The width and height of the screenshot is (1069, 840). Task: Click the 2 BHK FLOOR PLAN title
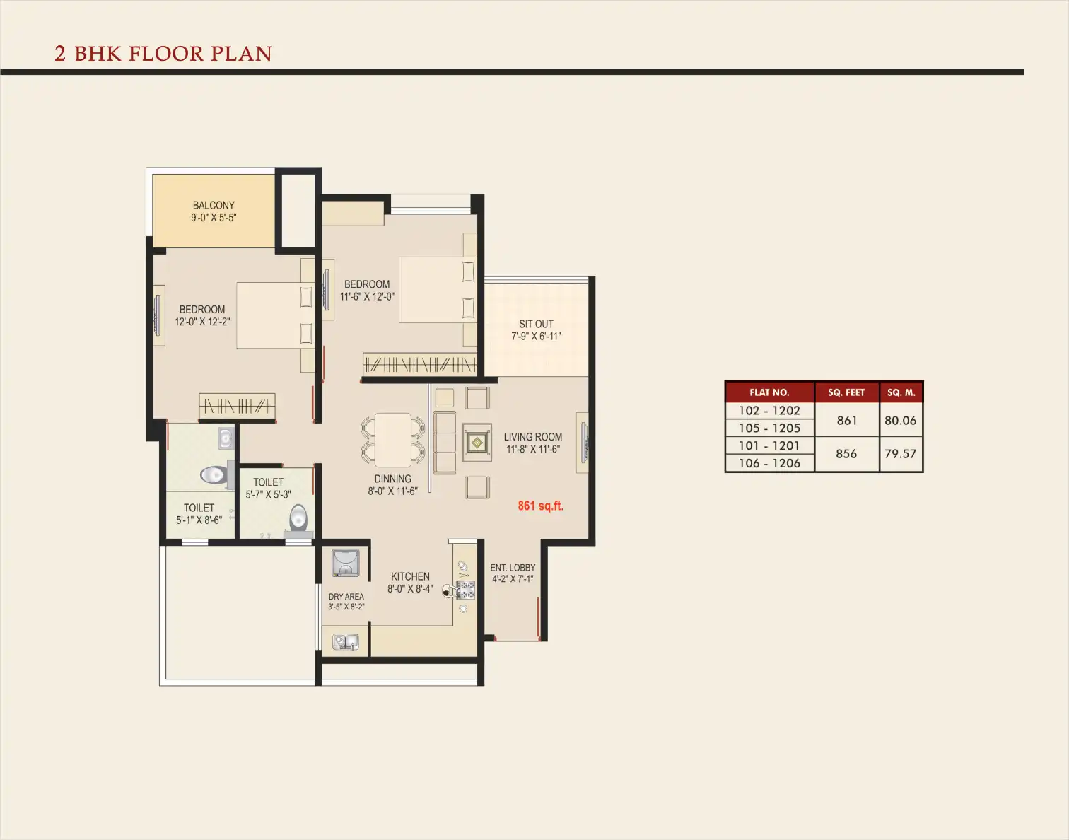[163, 54]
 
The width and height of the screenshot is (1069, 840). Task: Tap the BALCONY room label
[214, 205]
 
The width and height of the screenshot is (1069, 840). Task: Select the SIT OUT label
[536, 324]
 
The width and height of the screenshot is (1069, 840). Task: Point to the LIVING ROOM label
[533, 437]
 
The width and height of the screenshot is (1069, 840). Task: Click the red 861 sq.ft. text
[540, 506]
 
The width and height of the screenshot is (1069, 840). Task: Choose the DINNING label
[392, 479]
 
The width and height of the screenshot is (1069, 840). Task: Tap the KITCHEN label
[410, 576]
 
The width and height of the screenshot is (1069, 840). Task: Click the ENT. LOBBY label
[513, 568]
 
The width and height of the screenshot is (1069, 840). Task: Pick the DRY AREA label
[346, 597]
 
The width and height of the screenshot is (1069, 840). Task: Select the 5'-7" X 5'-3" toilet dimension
[268, 494]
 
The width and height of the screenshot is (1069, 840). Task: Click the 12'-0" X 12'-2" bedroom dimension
[202, 322]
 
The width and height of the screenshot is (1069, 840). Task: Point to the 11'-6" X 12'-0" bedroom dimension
[367, 296]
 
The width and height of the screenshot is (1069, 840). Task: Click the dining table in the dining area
[392, 440]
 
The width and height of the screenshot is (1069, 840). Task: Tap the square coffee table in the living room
[477, 443]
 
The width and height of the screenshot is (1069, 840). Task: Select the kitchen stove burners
[466, 590]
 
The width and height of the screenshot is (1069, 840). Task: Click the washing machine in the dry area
[345, 563]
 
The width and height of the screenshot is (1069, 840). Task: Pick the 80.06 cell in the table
[900, 421]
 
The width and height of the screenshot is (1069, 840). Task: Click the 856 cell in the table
[846, 453]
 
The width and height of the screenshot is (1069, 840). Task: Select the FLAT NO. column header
[769, 392]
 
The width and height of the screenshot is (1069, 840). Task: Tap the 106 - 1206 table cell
[769, 463]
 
